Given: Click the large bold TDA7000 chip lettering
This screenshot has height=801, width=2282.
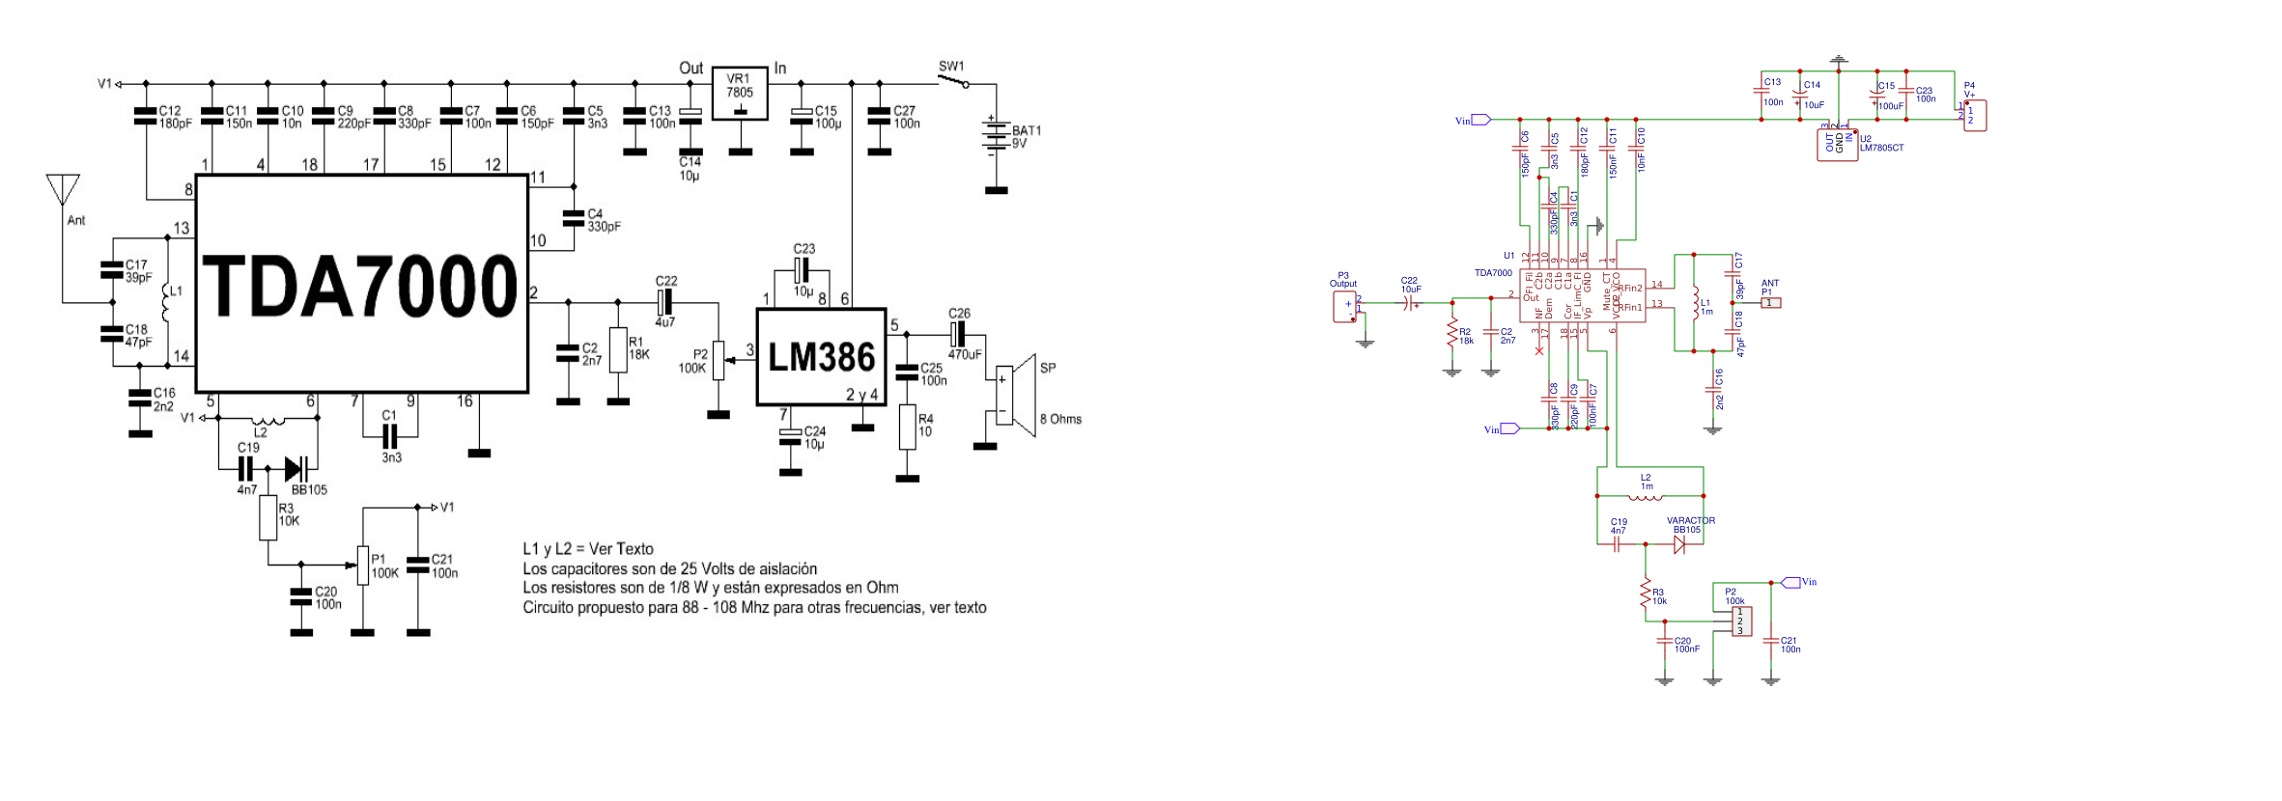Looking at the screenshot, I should [360, 286].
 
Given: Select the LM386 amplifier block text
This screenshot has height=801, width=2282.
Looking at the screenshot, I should [821, 358].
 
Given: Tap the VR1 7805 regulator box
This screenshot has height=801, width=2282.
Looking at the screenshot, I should [740, 94].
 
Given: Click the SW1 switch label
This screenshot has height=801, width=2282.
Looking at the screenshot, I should [951, 67].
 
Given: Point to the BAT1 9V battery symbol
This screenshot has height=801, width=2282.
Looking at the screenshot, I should [994, 136].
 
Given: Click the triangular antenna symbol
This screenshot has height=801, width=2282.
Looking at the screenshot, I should [64, 188].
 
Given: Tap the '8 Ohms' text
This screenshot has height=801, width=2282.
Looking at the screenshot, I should [1060, 419].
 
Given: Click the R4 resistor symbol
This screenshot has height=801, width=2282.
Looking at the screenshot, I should [907, 427].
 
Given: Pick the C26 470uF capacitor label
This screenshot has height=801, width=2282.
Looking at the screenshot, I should [960, 314].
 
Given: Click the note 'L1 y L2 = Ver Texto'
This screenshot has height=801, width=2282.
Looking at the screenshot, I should [588, 549].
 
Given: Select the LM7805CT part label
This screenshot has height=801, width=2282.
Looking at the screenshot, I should [1881, 148].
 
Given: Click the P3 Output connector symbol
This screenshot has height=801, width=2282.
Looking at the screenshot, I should [1345, 307].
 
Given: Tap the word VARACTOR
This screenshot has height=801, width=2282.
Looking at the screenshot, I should [1690, 521].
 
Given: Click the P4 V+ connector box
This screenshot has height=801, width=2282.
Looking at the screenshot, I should [1975, 116].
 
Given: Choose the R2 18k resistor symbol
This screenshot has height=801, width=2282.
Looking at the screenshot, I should [1451, 333].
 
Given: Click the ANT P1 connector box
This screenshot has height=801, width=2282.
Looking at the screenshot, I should [1770, 303].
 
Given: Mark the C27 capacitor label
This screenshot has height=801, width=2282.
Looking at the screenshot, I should [904, 111].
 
